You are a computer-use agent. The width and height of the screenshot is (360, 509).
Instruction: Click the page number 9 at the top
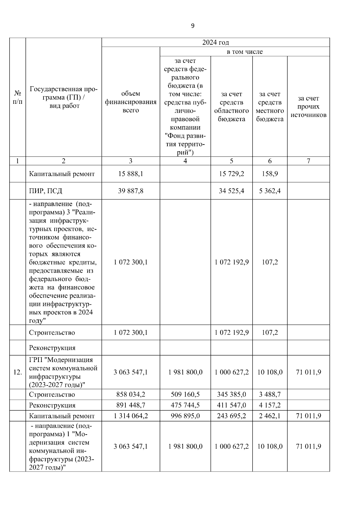pos(193,26)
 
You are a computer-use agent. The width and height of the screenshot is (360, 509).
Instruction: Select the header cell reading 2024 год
pos(215,43)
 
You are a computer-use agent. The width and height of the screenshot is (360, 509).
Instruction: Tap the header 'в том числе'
pos(244,52)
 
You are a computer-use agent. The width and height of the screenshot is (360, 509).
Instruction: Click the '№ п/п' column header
pos(18,97)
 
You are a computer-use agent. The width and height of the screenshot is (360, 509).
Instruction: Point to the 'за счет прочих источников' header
pos(308,106)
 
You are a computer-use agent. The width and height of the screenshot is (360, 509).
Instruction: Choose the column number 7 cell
pos(308,161)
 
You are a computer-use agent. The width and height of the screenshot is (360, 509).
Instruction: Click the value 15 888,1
pos(130,174)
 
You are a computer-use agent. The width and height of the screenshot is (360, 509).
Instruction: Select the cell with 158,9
pos(270,174)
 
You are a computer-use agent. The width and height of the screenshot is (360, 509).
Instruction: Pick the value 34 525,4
pos(231,191)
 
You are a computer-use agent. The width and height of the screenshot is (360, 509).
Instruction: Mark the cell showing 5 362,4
pos(270,191)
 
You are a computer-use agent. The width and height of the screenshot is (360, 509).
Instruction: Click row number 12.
pos(18,373)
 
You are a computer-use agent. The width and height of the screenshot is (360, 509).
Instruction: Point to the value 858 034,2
pos(130,394)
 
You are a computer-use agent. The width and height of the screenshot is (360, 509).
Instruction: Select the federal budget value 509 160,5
pos(185,394)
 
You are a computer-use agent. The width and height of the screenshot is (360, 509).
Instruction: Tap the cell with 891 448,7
pos(130,405)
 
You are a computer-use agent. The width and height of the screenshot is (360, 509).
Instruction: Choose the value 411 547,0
pos(231,405)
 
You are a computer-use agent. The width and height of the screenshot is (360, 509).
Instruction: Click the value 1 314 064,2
pos(130,416)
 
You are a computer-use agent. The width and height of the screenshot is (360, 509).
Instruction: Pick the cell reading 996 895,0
pos(185,416)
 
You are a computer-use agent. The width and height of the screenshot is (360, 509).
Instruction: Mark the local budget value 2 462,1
pos(270,416)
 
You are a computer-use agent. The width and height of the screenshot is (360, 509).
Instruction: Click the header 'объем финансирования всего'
pos(130,102)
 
